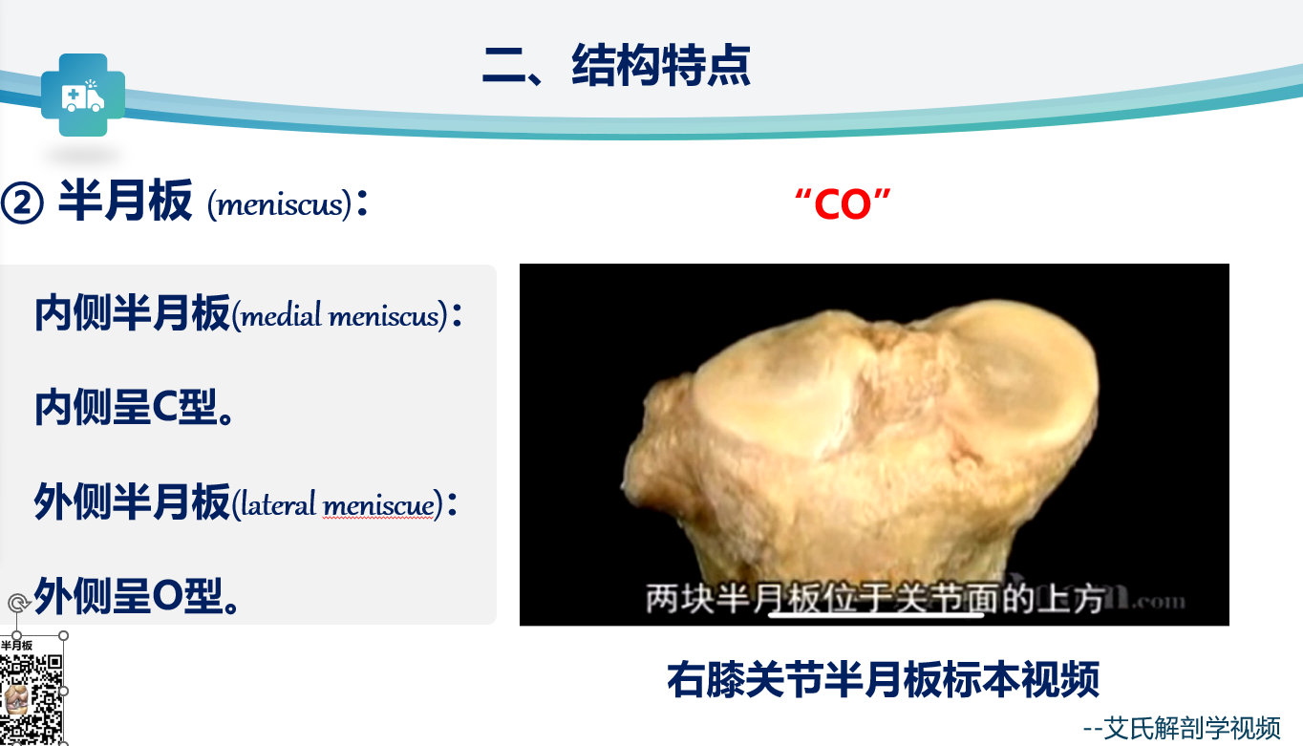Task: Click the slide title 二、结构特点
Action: pyautogui.click(x=616, y=65)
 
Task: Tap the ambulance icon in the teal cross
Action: pyautogui.click(x=82, y=96)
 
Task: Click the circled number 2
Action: pyautogui.click(x=22, y=203)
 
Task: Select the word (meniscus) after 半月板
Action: pyautogui.click(x=279, y=204)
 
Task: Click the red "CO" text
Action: pyautogui.click(x=843, y=204)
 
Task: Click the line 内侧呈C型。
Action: pyautogui.click(x=134, y=408)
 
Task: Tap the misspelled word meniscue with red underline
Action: pyautogui.click(x=378, y=504)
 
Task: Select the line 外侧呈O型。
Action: pyautogui.click(x=136, y=596)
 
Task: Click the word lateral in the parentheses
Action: pyautogui.click(x=278, y=503)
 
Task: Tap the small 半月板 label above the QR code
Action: pyautogui.click(x=16, y=646)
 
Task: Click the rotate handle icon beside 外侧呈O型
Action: pyautogui.click(x=18, y=603)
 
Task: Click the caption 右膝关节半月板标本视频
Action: pyautogui.click(x=883, y=679)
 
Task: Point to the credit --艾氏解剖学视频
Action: pyautogui.click(x=1182, y=728)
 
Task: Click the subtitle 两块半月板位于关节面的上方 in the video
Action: pyautogui.click(x=875, y=599)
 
